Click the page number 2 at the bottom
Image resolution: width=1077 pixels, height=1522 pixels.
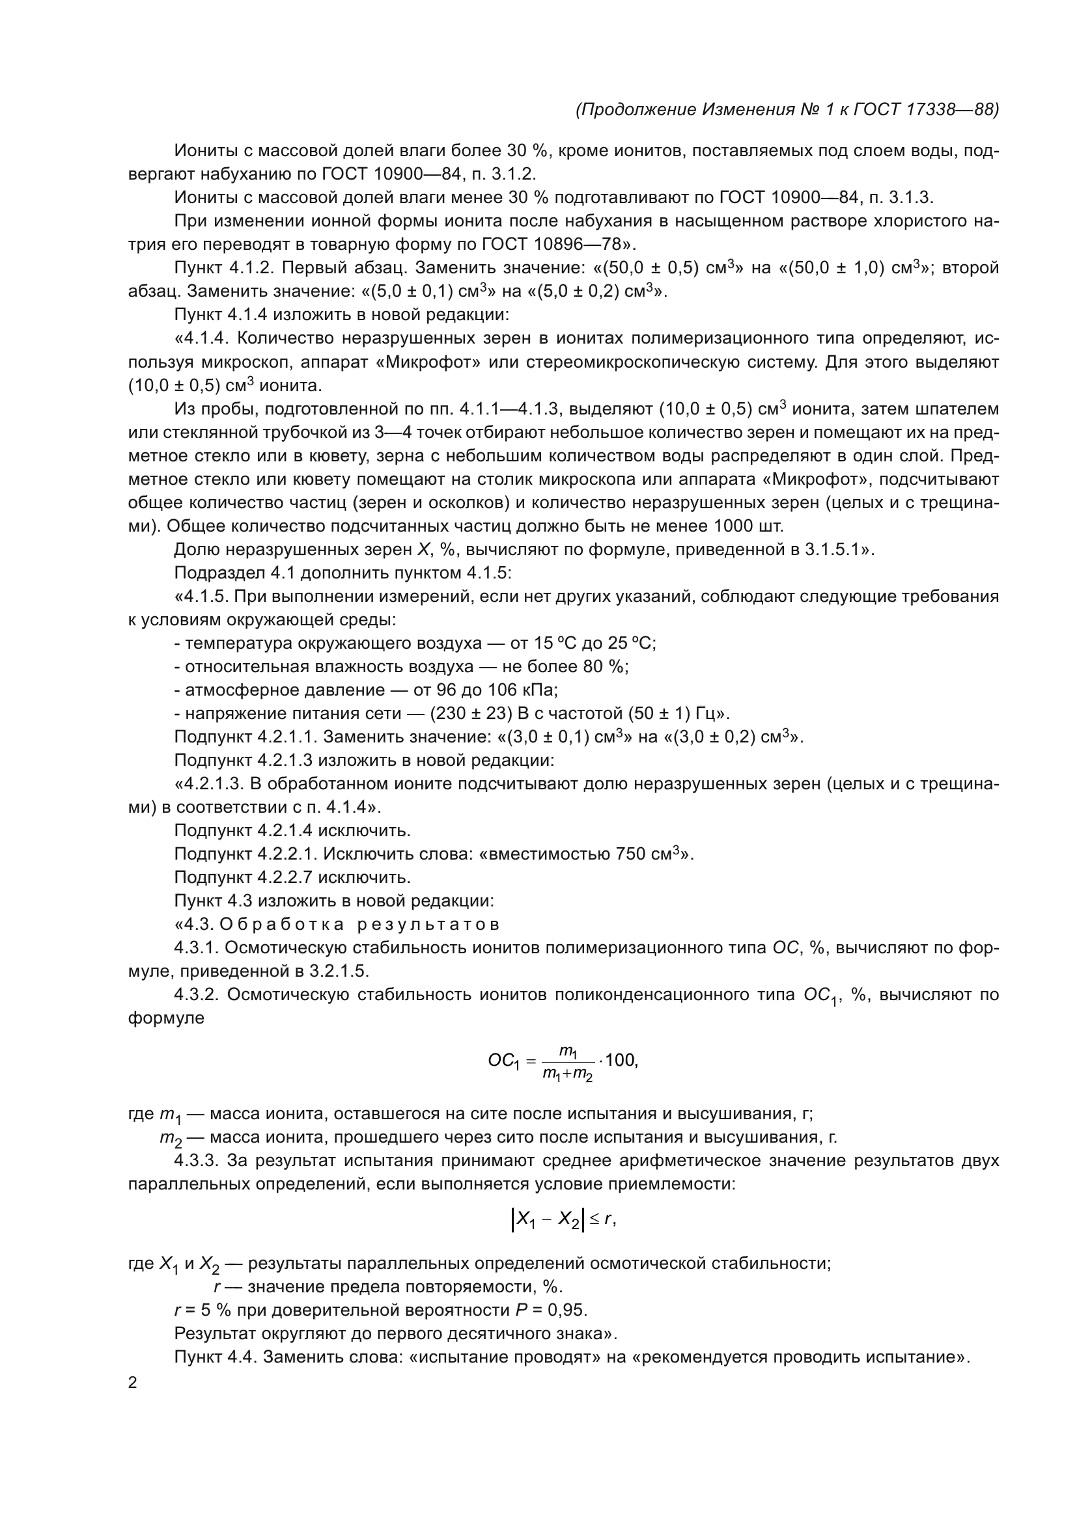pos(133,1383)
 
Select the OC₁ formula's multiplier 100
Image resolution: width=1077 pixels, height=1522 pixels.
pos(621,1060)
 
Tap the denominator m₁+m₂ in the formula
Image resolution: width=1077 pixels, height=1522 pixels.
pos(567,1074)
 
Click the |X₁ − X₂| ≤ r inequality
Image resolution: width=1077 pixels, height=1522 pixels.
pos(564,1218)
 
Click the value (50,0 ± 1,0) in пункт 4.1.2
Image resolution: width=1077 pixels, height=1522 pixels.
pos(830,269)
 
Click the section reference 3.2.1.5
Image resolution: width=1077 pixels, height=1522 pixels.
pos(338,971)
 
